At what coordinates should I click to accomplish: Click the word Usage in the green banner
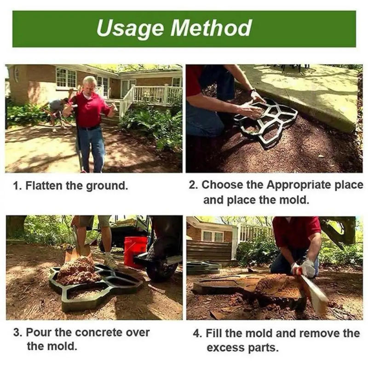130,28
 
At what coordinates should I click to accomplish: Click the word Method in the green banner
211,28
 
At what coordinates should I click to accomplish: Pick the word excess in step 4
225,347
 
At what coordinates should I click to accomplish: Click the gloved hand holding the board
307,268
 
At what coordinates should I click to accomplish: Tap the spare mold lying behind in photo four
202,266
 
